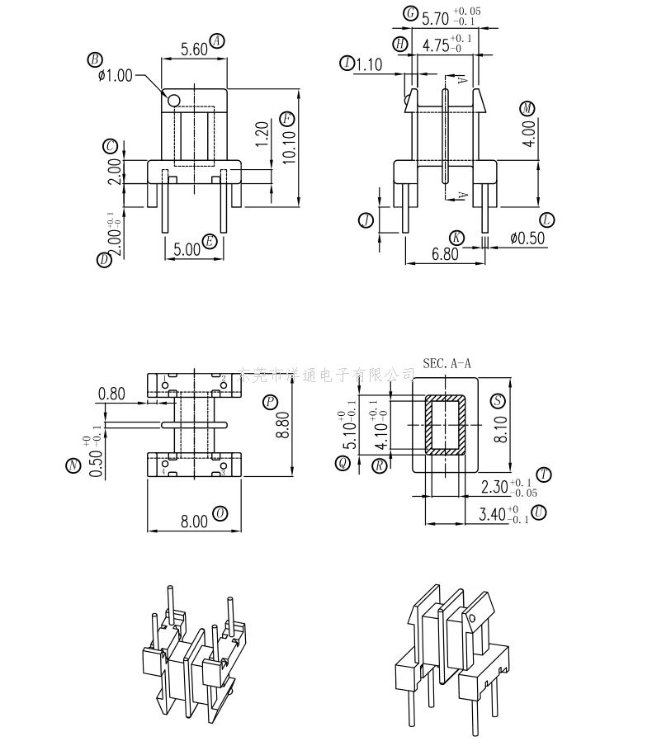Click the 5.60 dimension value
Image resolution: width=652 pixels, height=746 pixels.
click(193, 49)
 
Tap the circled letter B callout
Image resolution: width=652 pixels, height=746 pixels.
click(95, 59)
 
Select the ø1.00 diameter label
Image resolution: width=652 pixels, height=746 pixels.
click(115, 75)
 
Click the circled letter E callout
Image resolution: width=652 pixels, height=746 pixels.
click(210, 242)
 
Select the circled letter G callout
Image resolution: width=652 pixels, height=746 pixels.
click(410, 13)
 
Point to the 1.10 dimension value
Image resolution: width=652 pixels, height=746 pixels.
click(368, 64)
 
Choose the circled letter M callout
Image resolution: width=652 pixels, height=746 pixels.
click(527, 108)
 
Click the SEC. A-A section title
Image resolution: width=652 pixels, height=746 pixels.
click(446, 362)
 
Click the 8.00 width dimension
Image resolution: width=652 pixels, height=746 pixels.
click(194, 521)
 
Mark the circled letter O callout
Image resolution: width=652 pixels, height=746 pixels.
click(220, 512)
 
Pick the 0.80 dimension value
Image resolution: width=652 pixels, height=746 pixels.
click(111, 394)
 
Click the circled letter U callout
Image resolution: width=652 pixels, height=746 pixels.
click(539, 512)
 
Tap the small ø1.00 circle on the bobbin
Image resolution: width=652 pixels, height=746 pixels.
click(173, 101)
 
